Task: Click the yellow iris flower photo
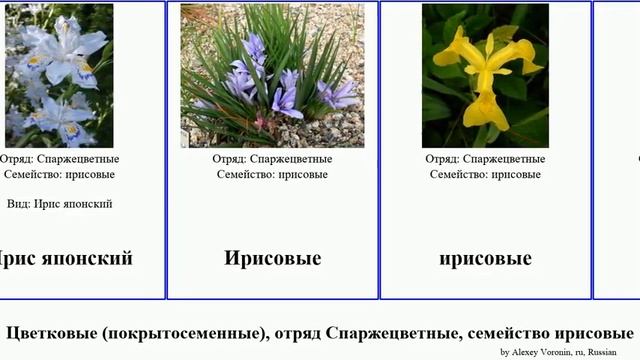pyautogui.click(x=485, y=76)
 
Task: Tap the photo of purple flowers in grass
pyautogui.click(x=272, y=76)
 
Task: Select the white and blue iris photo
pyautogui.click(x=59, y=76)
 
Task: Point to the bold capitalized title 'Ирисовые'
pyautogui.click(x=272, y=259)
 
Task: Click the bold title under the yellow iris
pyautogui.click(x=485, y=259)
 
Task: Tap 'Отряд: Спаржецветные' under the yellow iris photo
pyautogui.click(x=485, y=158)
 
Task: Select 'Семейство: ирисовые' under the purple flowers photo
pyautogui.click(x=272, y=174)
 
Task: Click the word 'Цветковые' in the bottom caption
pyautogui.click(x=50, y=333)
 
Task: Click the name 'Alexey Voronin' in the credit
pyautogui.click(x=546, y=352)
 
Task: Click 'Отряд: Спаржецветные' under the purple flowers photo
pyautogui.click(x=272, y=158)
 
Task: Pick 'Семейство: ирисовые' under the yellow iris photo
pyautogui.click(x=485, y=174)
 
